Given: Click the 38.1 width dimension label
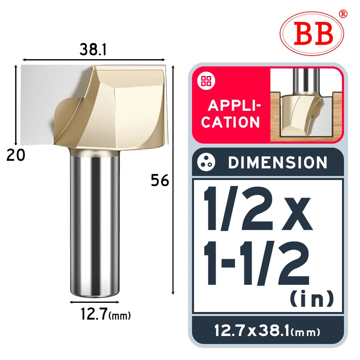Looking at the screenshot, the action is (93, 50).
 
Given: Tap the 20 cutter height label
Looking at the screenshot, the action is (16, 155).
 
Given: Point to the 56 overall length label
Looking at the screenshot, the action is (160, 180).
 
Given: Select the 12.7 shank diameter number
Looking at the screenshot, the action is (94, 314).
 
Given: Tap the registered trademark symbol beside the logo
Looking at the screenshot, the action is (343, 14).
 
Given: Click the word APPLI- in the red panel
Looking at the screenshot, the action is (234, 106).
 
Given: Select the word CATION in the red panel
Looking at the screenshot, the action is (230, 122).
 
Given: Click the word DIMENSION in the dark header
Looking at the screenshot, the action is (278, 162).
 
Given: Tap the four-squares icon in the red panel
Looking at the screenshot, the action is (206, 81).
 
